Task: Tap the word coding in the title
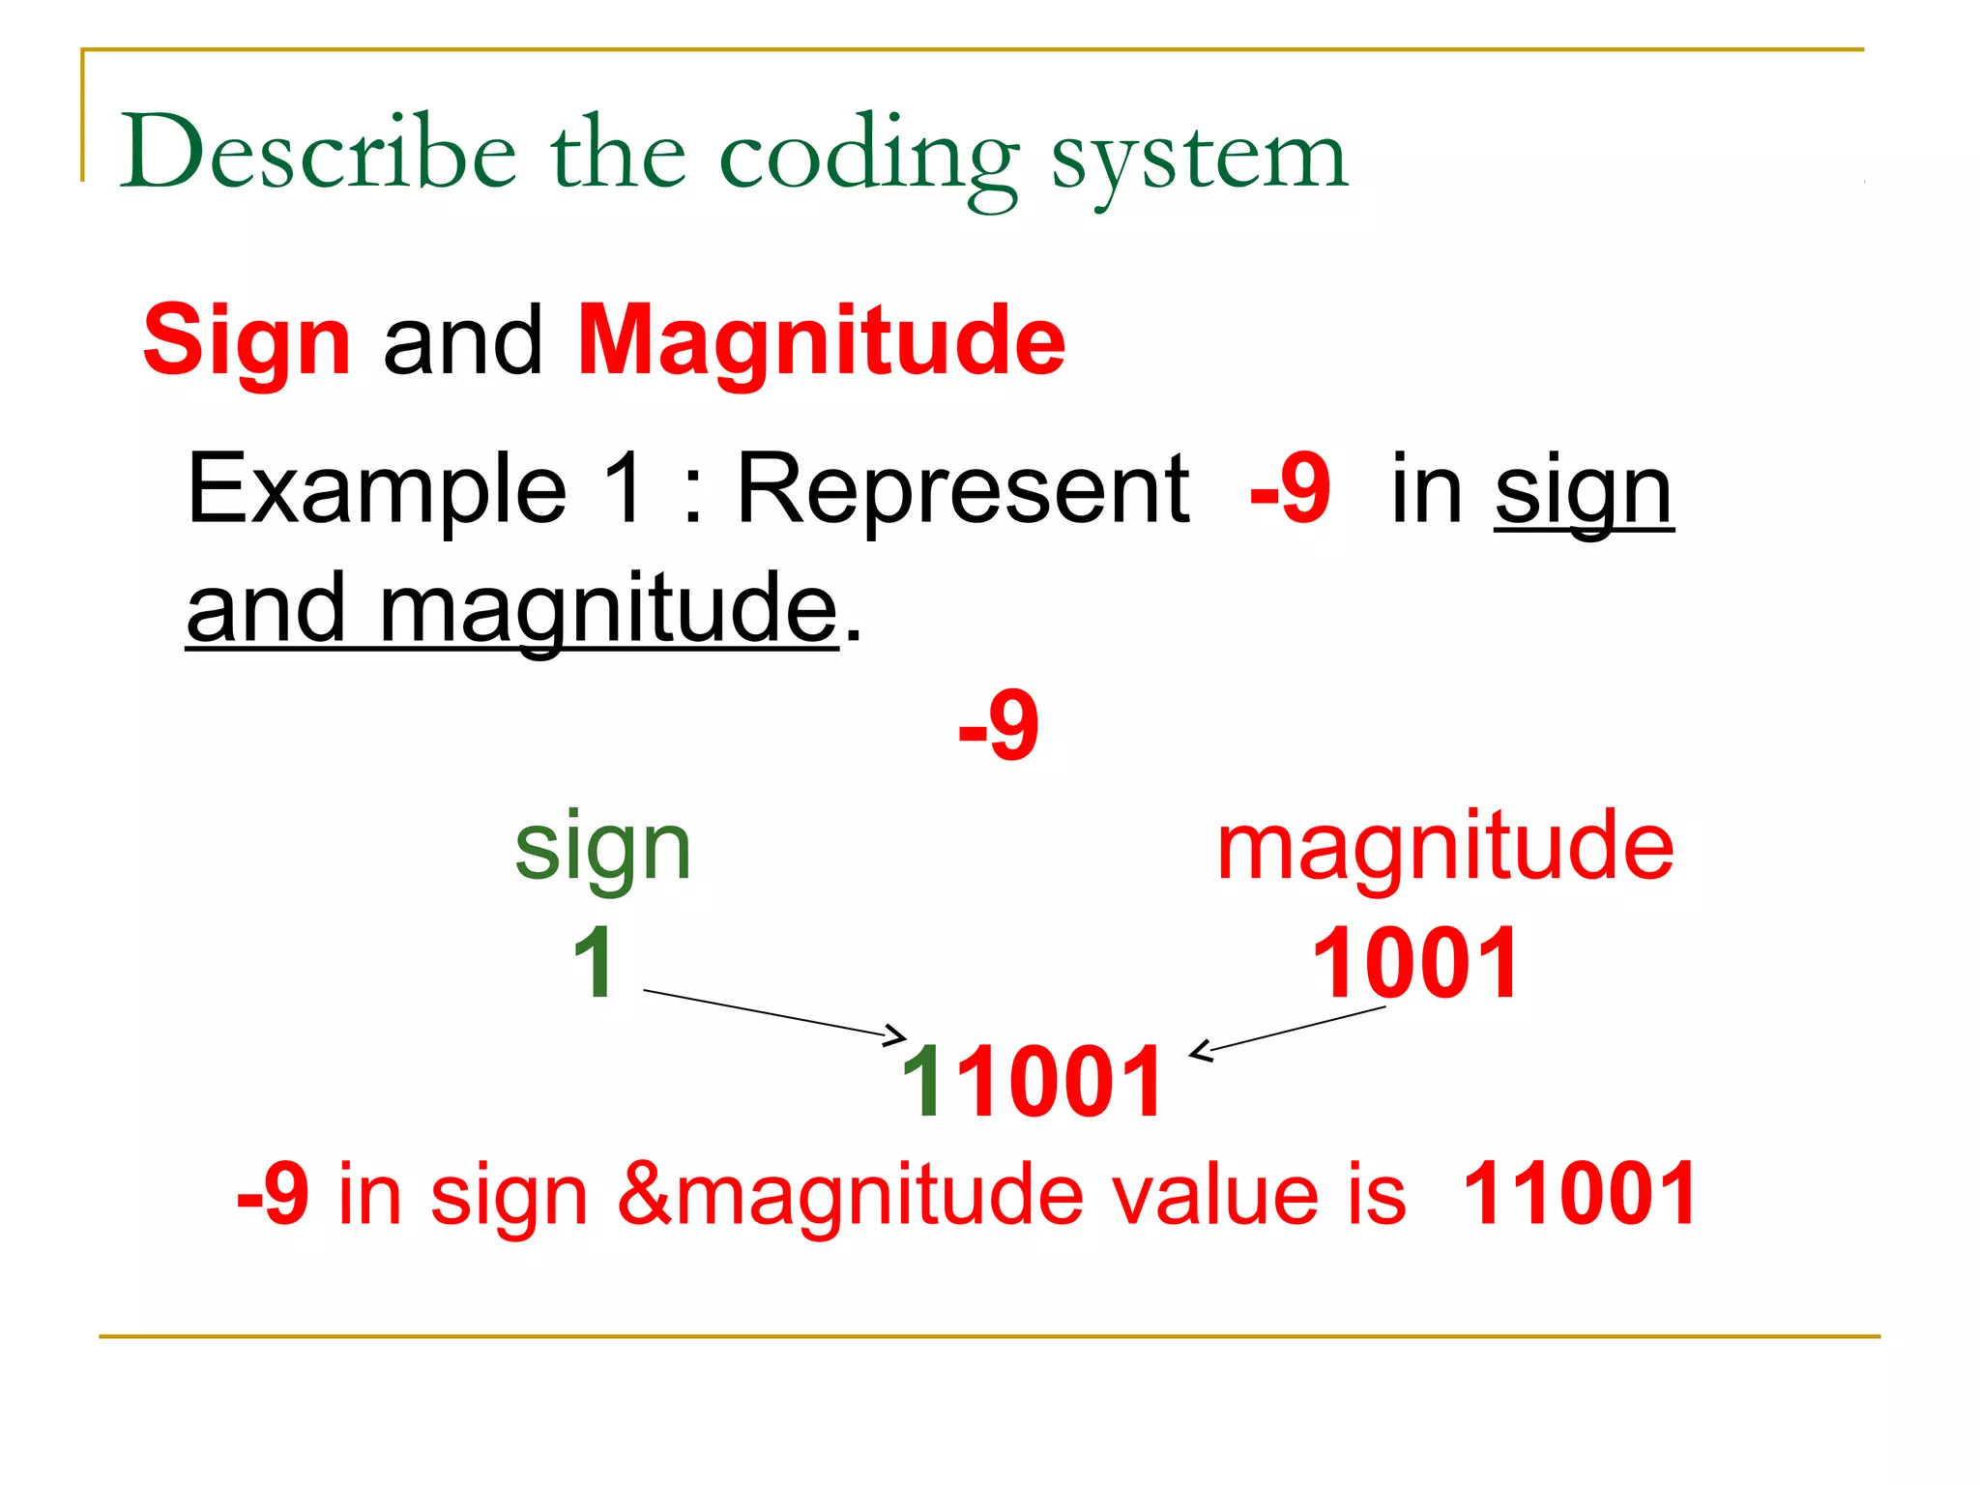click(x=868, y=157)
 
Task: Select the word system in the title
click(x=1199, y=157)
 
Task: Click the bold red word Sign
click(x=247, y=341)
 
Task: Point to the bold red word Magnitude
click(x=821, y=339)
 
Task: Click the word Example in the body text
click(x=376, y=490)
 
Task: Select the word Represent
click(x=962, y=490)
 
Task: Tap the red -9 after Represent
click(x=1290, y=490)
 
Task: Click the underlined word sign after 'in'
click(x=1583, y=493)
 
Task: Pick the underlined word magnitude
click(x=608, y=609)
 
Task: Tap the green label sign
click(x=603, y=847)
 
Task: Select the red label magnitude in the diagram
click(x=1444, y=847)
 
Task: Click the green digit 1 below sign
click(x=593, y=963)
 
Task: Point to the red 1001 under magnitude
click(x=1415, y=963)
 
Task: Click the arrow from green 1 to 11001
click(x=773, y=1013)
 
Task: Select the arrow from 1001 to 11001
click(x=1291, y=1031)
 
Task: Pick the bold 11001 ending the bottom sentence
click(x=1580, y=1195)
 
